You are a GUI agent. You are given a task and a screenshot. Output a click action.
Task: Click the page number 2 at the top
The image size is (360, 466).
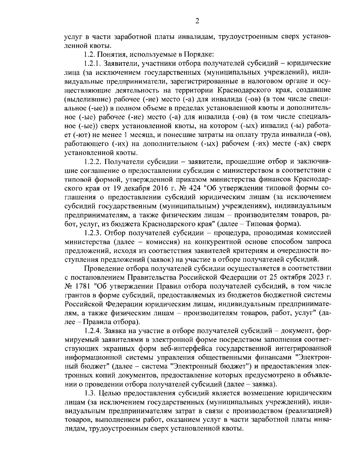tap(197, 20)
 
